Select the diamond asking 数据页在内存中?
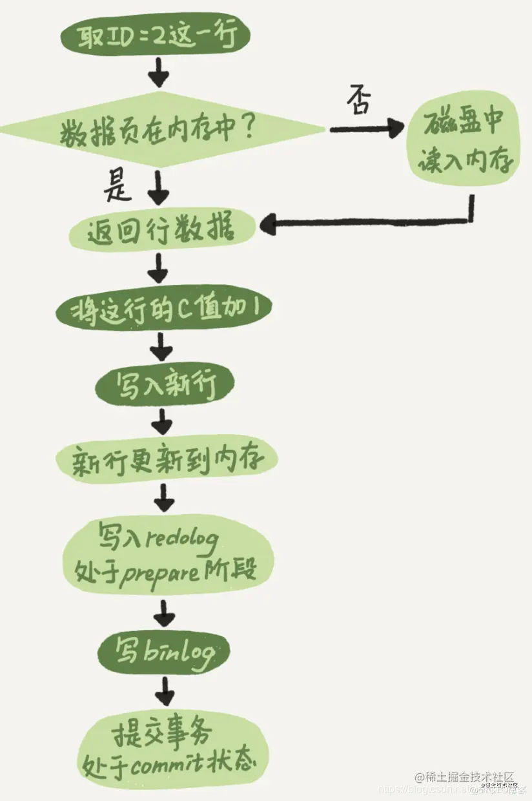[161, 132]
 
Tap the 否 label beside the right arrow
[359, 101]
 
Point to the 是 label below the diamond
[119, 188]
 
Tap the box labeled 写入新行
[165, 386]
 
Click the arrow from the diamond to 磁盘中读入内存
[364, 129]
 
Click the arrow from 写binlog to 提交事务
[165, 692]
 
